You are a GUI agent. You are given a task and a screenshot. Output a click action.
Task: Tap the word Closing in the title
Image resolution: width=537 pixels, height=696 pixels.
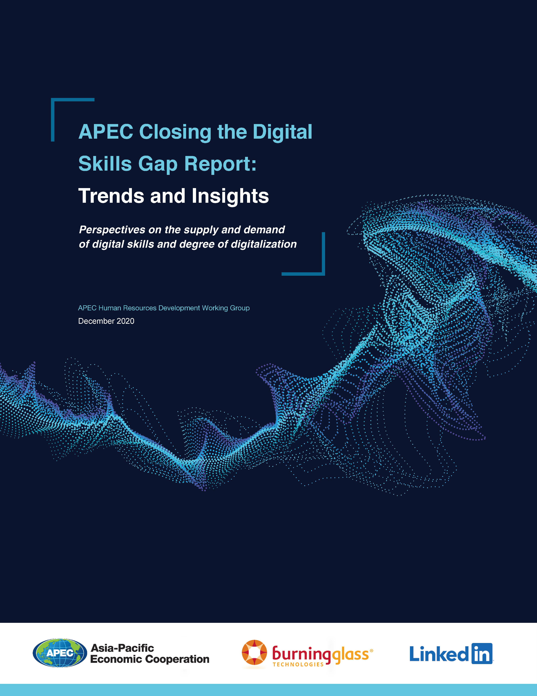click(x=175, y=132)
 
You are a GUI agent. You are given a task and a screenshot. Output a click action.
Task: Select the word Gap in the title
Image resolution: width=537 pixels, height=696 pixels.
click(x=158, y=164)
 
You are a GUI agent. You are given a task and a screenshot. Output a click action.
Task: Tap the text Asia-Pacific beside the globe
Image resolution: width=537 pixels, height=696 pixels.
click(x=122, y=648)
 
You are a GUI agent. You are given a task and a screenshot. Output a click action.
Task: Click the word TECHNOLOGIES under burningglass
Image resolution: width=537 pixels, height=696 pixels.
click(x=298, y=664)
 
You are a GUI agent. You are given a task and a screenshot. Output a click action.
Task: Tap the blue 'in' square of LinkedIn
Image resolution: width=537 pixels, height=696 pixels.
click(x=482, y=654)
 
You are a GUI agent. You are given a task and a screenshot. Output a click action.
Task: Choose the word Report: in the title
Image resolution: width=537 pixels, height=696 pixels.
click(x=220, y=164)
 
